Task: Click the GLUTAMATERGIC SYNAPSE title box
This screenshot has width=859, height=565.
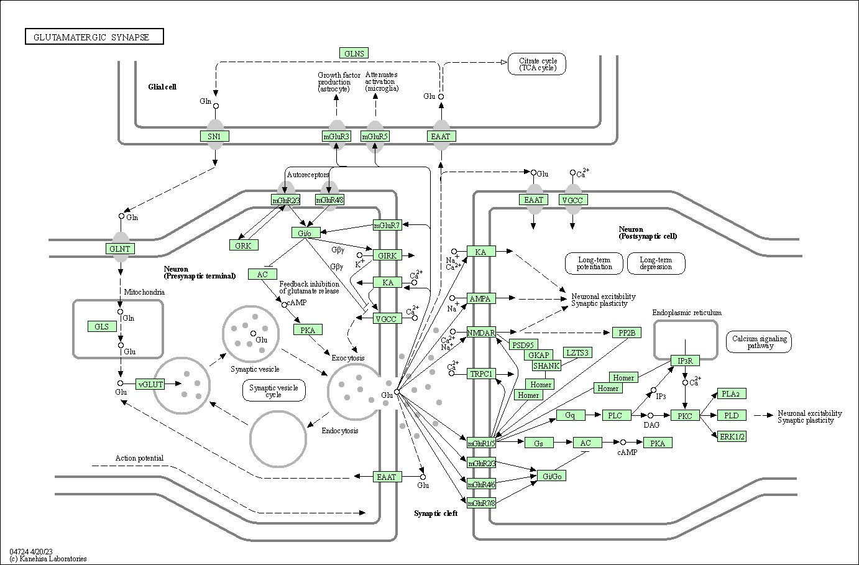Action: [x=94, y=37]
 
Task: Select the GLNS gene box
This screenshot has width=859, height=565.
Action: [x=354, y=53]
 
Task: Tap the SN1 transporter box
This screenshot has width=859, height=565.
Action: [x=214, y=136]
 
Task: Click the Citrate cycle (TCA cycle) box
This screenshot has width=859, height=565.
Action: [x=537, y=64]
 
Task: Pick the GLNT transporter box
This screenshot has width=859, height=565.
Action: [x=119, y=249]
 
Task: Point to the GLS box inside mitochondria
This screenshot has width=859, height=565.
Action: [x=102, y=326]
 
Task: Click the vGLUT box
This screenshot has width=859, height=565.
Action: [x=150, y=384]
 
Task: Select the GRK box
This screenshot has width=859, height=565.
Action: [x=243, y=246]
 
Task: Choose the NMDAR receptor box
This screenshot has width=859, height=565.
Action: [x=481, y=333]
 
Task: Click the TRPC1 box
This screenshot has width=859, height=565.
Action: [x=481, y=374]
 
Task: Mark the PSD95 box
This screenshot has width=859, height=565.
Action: [x=523, y=344]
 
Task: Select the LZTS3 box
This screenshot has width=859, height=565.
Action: [x=577, y=352]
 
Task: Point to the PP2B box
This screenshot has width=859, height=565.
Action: [x=627, y=333]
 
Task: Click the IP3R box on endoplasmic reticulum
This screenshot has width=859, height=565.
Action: [x=685, y=361]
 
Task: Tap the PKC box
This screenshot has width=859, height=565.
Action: [x=685, y=415]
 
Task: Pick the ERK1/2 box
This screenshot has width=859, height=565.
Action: [x=732, y=436]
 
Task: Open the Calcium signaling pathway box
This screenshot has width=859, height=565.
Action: [x=759, y=342]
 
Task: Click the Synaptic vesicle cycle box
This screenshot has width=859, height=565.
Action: [x=273, y=391]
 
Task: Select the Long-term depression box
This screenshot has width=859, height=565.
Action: [x=656, y=263]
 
